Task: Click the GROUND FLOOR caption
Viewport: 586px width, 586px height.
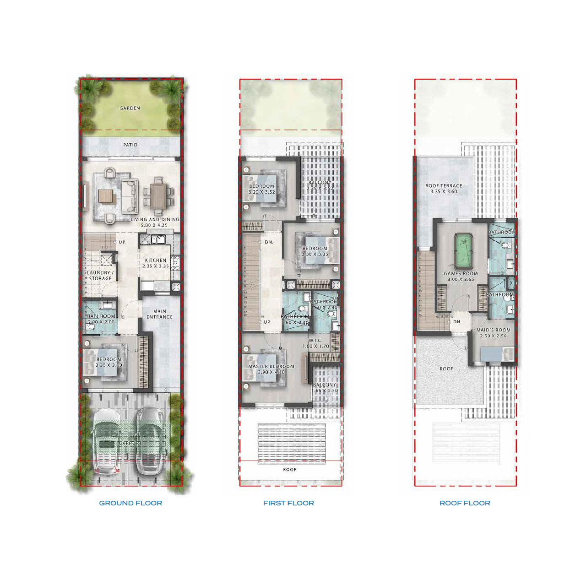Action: point(130,503)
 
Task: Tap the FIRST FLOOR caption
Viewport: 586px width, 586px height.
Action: point(288,503)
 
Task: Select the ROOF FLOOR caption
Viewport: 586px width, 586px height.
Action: point(465,503)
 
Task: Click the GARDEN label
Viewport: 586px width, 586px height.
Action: point(130,108)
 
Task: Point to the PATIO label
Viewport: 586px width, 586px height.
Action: point(130,145)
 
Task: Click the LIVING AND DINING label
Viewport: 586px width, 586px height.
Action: point(155,220)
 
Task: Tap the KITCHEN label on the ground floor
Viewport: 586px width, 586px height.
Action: point(156,260)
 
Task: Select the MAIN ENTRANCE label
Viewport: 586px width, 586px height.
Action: point(159,314)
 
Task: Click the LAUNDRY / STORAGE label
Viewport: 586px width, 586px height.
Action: point(100,275)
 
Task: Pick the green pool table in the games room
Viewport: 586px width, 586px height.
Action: point(461,251)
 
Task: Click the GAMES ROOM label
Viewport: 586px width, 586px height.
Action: point(461,273)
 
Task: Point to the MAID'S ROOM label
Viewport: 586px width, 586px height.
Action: point(493,330)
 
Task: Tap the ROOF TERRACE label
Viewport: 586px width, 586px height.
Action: point(444,186)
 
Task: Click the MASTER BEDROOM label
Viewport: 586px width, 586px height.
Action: point(271,366)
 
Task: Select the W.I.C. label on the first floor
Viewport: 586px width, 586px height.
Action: point(315,340)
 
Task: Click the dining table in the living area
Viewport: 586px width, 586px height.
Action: point(158,196)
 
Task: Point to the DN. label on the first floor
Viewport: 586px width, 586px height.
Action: point(269,242)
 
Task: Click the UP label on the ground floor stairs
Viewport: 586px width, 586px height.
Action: point(122,242)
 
